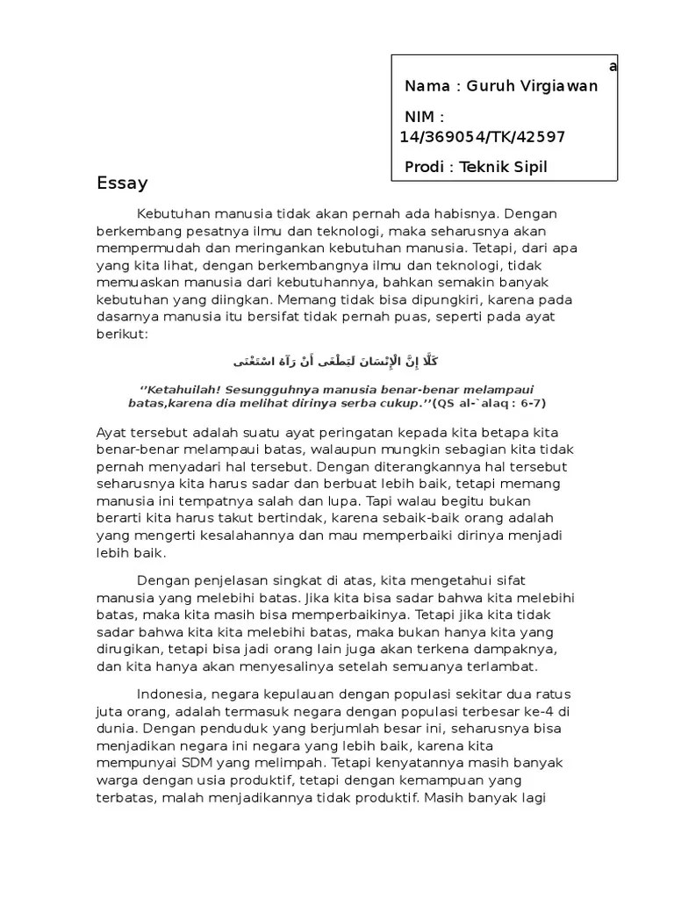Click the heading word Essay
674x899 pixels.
pos(122,183)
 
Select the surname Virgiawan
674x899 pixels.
pos(560,86)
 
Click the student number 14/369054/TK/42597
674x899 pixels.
pos(482,136)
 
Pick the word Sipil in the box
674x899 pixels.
pos(528,168)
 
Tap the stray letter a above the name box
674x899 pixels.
pos(613,67)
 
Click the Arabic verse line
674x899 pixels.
pos(337,361)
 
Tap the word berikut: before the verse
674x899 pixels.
pos(123,334)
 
